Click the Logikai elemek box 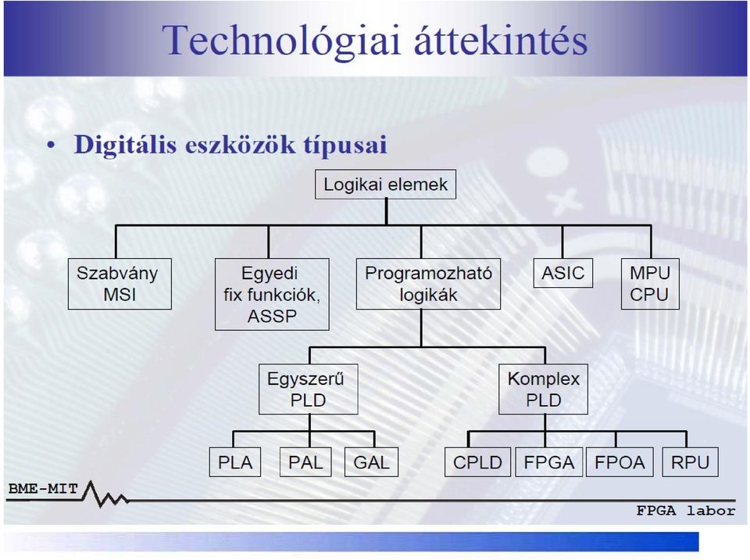click(x=385, y=185)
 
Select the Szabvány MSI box click(x=120, y=284)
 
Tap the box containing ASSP click(x=272, y=295)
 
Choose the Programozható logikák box click(x=429, y=284)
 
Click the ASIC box click(x=563, y=273)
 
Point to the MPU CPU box click(x=650, y=284)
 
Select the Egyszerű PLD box click(x=309, y=389)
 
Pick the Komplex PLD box click(x=544, y=389)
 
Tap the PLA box click(x=235, y=462)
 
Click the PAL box click(x=305, y=462)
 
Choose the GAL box click(x=372, y=462)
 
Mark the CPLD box click(x=477, y=462)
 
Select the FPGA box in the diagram click(x=549, y=462)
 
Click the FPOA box click(x=620, y=462)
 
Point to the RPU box click(x=690, y=462)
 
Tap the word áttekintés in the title click(x=501, y=40)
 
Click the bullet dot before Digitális click(x=52, y=145)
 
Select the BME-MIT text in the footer click(x=43, y=489)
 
